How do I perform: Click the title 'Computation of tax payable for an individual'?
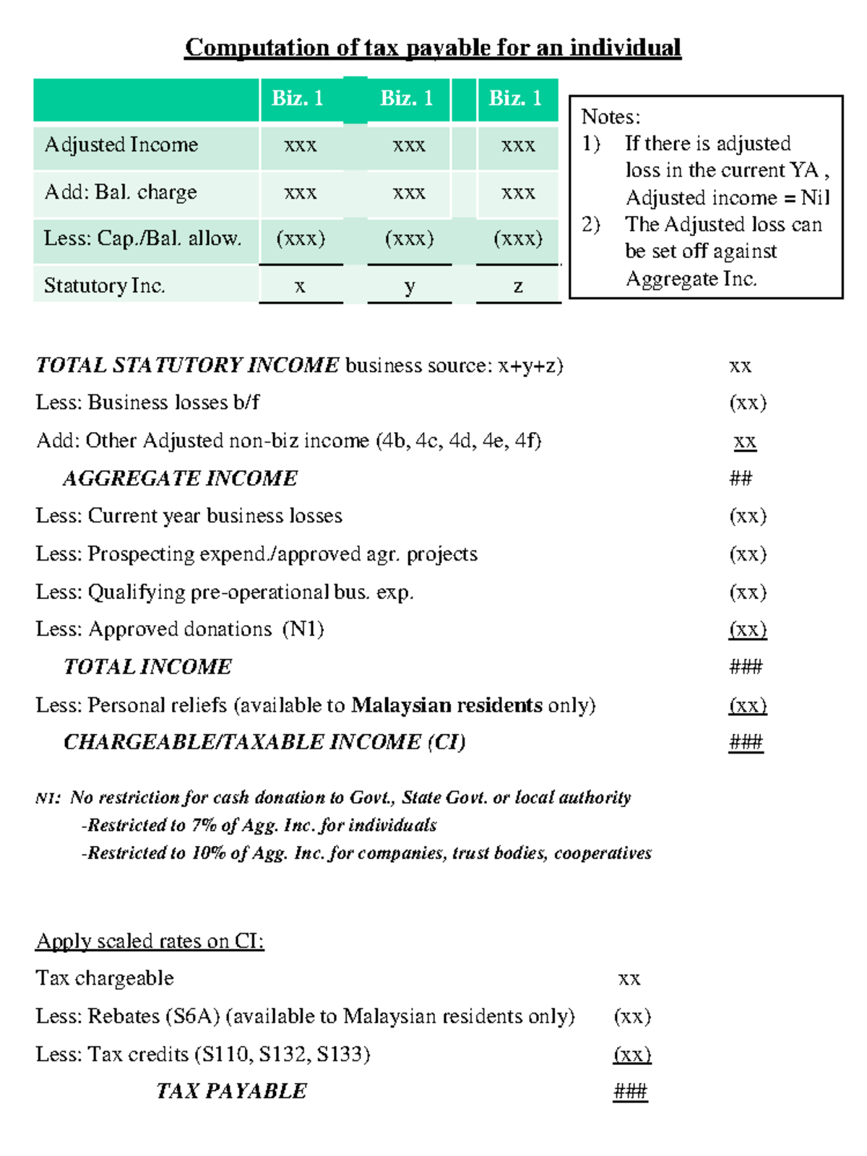[x=433, y=48]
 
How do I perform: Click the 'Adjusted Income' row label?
[x=121, y=144]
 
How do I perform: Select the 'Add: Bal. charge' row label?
[x=121, y=192]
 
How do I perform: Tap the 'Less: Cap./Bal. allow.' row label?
[x=142, y=238]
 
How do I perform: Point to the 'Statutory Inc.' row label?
[x=104, y=285]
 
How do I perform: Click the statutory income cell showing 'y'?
[x=409, y=286]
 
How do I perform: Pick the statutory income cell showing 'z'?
[x=518, y=286]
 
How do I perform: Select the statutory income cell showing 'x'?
[x=300, y=286]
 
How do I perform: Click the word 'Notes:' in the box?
[x=611, y=116]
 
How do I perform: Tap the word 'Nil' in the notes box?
[x=815, y=197]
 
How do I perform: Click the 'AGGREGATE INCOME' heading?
[x=180, y=478]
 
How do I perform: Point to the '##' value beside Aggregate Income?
[x=741, y=478]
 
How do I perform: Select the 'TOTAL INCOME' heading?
[x=147, y=667]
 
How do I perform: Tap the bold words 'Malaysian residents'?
[x=447, y=705]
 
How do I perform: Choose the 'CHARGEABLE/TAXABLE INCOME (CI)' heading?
[x=264, y=743]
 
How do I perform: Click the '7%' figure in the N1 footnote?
[x=204, y=825]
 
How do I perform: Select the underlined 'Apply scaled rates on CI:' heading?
[x=150, y=941]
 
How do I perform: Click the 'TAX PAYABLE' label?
[x=231, y=1091]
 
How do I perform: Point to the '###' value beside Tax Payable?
[x=630, y=1091]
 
